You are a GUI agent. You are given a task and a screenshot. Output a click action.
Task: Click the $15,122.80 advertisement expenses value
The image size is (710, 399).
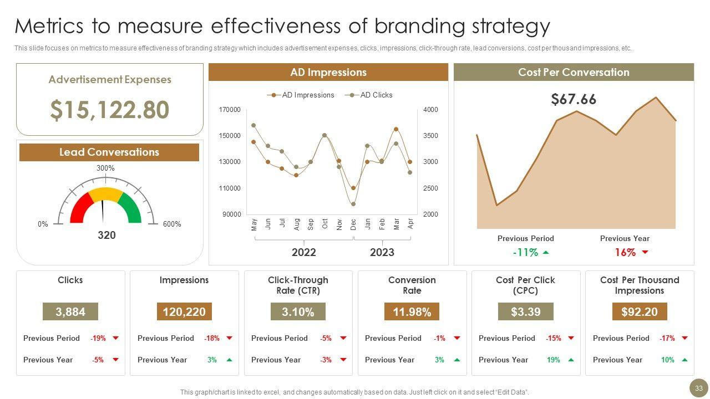pos(109,110)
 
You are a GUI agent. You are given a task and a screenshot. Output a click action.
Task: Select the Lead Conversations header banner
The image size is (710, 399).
pos(109,152)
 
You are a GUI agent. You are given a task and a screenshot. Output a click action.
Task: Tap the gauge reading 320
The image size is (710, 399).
pos(106,236)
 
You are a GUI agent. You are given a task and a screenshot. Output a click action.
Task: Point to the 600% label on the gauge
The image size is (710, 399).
pos(172,224)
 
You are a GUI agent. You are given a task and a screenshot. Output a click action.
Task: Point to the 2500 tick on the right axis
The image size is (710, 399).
pos(430,188)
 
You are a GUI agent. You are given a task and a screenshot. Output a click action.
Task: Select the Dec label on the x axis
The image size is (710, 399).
pos(353,224)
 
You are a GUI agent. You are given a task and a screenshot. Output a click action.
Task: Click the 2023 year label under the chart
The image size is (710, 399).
pos(382,253)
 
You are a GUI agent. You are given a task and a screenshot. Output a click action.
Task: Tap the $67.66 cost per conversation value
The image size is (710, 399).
pos(574,100)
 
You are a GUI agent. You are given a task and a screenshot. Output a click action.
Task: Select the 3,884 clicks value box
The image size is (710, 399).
pos(70,312)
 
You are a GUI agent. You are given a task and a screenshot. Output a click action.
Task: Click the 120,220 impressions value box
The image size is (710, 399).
pos(184,312)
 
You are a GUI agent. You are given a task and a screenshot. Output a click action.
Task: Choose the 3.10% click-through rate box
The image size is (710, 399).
pos(298,312)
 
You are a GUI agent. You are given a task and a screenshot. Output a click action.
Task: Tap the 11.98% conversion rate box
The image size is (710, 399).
pos(412,312)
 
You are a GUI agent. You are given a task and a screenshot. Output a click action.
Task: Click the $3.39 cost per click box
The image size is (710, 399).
pos(525,312)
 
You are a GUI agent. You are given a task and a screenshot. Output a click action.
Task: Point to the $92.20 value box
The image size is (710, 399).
pos(640,312)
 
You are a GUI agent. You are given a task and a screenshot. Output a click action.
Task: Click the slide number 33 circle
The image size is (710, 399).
pos(699,388)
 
